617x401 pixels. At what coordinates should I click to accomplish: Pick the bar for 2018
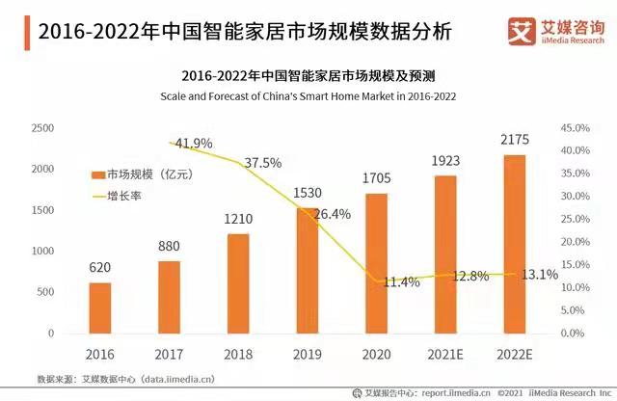238,282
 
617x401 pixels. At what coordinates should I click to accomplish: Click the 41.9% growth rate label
193,143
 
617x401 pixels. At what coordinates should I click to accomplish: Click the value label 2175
515,141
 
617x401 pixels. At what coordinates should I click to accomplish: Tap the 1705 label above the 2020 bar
377,179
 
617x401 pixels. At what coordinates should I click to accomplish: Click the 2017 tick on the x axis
169,354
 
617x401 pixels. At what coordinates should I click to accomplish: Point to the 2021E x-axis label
444,354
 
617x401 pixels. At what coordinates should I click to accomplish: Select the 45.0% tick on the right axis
575,128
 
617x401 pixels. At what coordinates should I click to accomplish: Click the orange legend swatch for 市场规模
97,174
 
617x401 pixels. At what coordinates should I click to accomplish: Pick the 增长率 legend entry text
133,196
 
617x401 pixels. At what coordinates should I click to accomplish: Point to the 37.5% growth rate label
262,163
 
